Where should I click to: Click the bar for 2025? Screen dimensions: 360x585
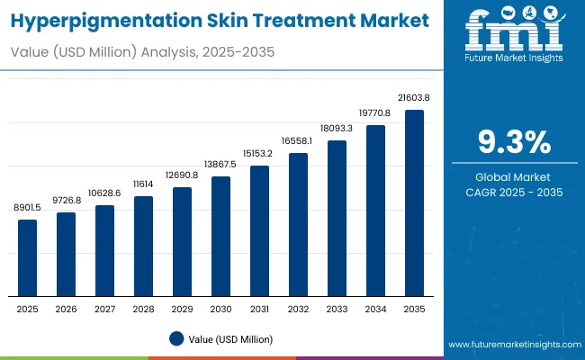28,257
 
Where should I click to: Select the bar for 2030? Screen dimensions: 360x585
220,236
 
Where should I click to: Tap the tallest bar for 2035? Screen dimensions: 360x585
414,202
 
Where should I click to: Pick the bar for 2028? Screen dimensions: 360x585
143,246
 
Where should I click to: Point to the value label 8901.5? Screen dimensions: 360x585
28,208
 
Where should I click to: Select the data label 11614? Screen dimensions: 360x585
143,184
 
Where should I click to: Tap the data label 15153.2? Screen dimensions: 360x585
259,154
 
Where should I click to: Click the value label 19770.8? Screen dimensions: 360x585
375,113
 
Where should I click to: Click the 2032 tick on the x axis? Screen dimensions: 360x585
298,309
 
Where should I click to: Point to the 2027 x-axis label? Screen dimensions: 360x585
104,309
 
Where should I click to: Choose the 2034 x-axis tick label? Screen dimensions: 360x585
375,309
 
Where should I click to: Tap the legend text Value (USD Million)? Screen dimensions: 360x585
231,338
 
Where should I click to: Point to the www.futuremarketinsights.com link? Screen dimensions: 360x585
512,345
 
